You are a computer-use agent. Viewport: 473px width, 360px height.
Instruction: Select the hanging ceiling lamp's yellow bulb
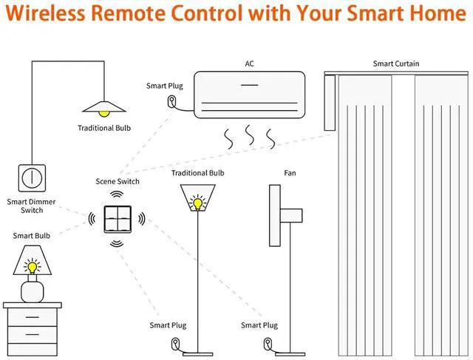[104, 111]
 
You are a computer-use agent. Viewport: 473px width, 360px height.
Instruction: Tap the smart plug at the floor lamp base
[175, 343]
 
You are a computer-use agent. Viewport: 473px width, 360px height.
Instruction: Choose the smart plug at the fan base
[267, 343]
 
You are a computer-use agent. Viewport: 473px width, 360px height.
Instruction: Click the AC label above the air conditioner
[249, 64]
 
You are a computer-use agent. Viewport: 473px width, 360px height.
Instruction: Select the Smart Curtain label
[396, 64]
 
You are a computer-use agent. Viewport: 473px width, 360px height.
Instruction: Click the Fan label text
[290, 173]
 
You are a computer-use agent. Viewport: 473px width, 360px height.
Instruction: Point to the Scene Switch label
[118, 181]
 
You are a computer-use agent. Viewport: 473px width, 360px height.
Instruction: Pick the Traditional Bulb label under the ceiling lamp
[104, 128]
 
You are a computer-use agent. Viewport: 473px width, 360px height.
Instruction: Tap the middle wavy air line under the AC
[250, 136]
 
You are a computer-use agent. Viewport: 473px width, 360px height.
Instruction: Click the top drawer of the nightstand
[32, 318]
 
